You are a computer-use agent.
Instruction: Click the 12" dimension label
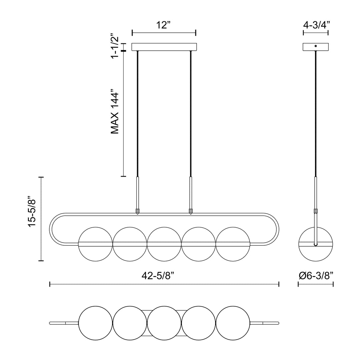point(163,25)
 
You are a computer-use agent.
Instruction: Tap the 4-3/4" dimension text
point(316,25)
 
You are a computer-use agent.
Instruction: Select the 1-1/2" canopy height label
point(115,46)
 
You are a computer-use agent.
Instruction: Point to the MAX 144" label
point(115,113)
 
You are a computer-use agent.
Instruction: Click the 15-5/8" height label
point(32,211)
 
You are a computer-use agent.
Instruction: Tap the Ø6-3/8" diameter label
point(316,276)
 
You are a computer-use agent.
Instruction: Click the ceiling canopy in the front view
point(164,47)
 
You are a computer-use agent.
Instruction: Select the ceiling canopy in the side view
point(316,47)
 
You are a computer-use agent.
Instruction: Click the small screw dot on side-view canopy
point(316,46)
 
